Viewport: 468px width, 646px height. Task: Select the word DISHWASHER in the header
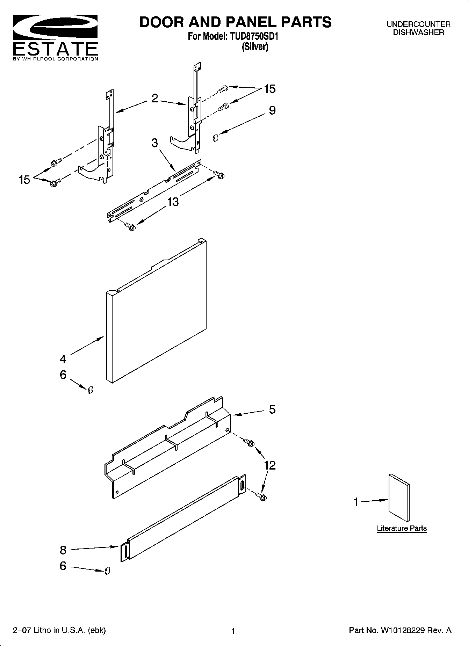(418, 32)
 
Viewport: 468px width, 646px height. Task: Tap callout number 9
(272, 110)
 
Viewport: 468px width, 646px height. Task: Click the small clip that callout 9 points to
(216, 138)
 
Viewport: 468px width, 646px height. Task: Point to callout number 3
(154, 143)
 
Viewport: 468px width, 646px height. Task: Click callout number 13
(173, 202)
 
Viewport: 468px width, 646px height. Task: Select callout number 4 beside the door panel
(63, 359)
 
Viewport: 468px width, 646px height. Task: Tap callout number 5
(272, 409)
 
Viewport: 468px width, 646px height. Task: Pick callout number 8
(63, 550)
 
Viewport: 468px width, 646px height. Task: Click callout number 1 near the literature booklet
(356, 502)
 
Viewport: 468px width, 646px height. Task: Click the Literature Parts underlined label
(402, 528)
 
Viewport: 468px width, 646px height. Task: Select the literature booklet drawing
(399, 498)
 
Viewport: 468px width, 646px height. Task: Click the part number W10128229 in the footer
(404, 631)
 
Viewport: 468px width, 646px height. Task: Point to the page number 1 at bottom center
(233, 631)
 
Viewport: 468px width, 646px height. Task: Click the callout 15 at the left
(24, 180)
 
